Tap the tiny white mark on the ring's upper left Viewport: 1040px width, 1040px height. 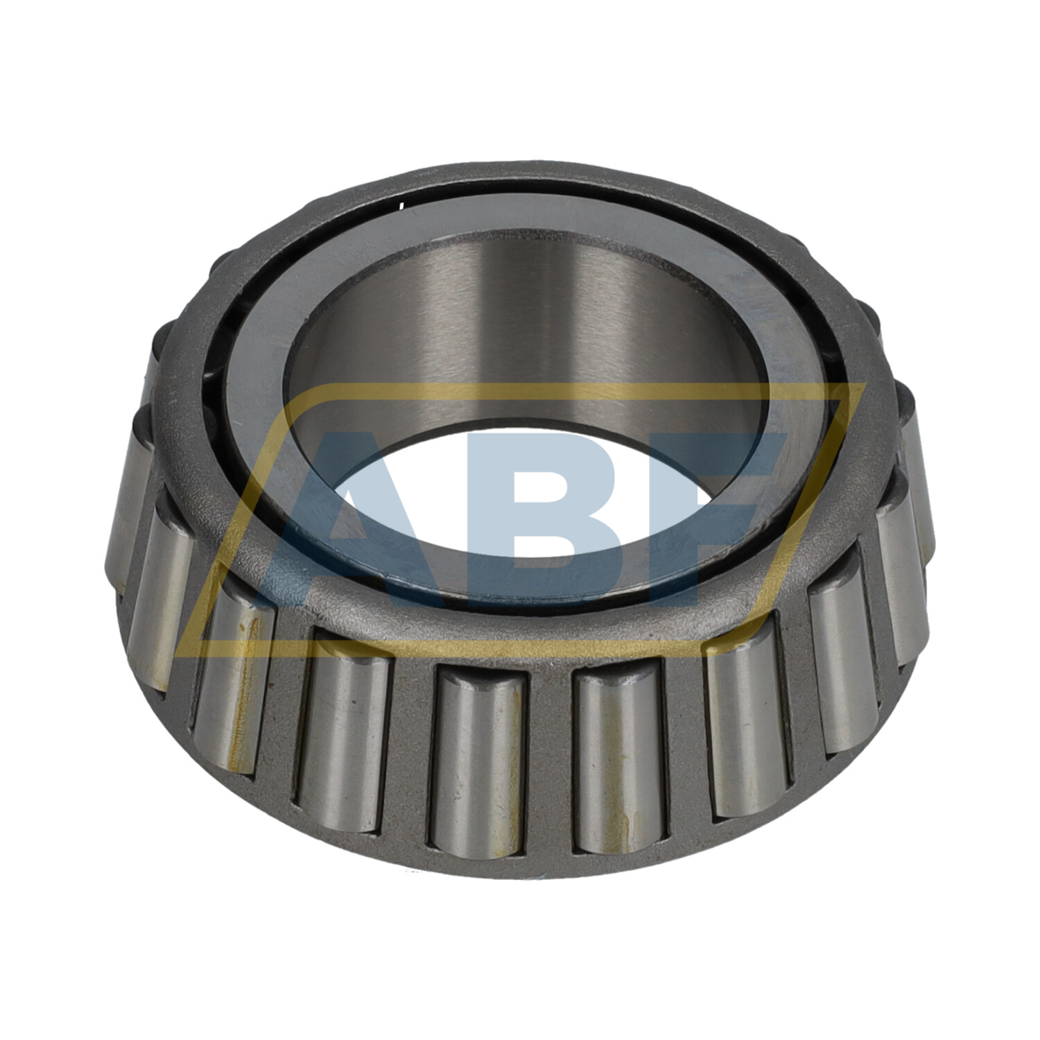pos(401,204)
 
